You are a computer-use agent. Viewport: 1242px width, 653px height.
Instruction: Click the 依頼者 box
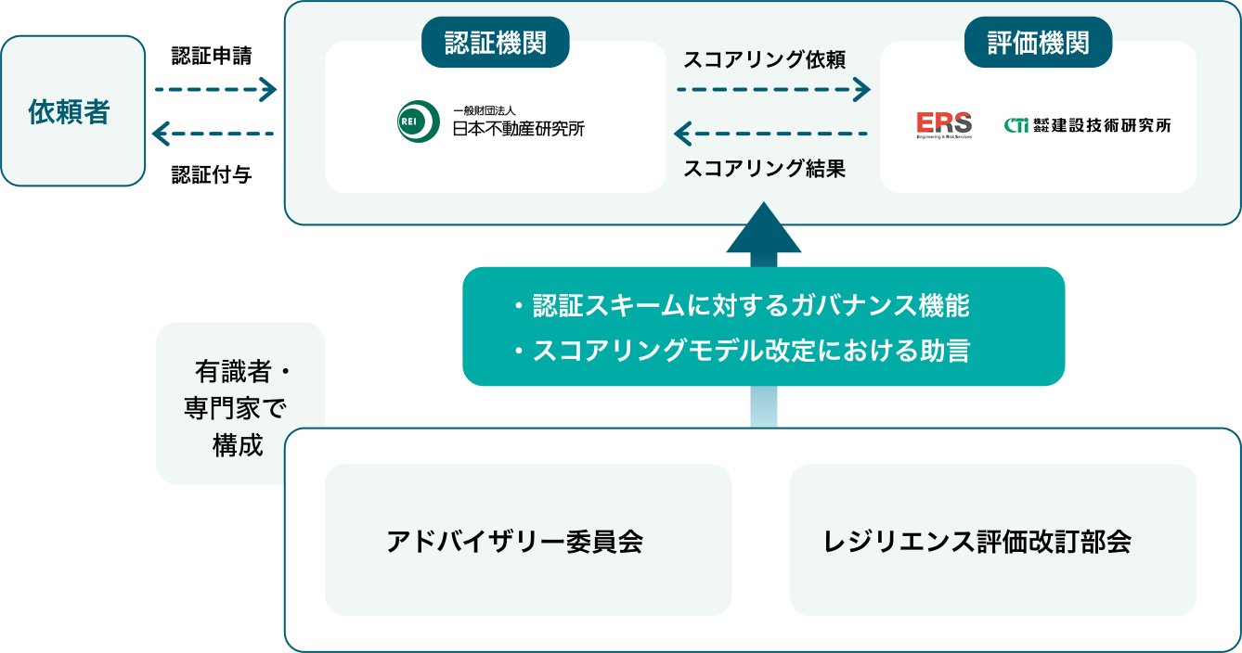(x=72, y=111)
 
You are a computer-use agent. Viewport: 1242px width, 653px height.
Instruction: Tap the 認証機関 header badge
(x=495, y=43)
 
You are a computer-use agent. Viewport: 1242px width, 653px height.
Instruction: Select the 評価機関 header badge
(x=1038, y=43)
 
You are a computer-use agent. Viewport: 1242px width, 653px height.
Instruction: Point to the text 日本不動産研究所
(x=518, y=128)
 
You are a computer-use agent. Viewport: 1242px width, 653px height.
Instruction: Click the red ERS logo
(x=943, y=124)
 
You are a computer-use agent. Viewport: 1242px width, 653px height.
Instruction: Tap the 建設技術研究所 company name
(x=1110, y=125)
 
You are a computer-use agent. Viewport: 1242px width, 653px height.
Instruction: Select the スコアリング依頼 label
(x=764, y=59)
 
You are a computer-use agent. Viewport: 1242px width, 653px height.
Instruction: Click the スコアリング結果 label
(x=764, y=169)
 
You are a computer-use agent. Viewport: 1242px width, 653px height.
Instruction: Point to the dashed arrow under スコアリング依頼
(x=773, y=89)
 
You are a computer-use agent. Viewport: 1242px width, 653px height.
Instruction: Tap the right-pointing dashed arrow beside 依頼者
(x=215, y=90)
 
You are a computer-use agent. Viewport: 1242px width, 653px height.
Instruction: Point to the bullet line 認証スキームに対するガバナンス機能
(x=742, y=305)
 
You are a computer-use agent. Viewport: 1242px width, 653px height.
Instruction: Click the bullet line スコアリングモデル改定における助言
(x=742, y=352)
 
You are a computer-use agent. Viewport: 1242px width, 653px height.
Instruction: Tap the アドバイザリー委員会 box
(x=527, y=540)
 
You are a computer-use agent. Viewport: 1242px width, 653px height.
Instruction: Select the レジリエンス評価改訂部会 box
(x=992, y=540)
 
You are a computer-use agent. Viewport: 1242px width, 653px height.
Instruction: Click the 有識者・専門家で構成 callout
(x=239, y=406)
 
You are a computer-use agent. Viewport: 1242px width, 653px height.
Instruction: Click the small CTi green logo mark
(x=1016, y=124)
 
